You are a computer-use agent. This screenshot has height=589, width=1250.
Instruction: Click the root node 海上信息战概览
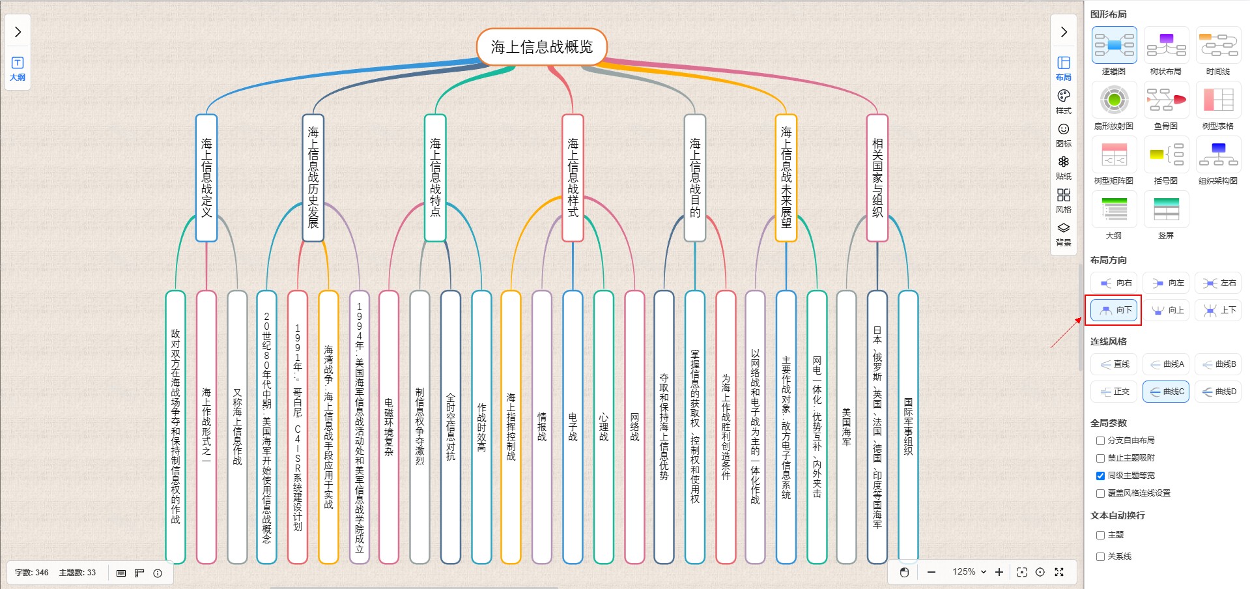[542, 47]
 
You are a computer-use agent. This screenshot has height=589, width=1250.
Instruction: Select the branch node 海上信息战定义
[206, 178]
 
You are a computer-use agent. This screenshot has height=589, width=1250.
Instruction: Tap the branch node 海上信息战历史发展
[313, 178]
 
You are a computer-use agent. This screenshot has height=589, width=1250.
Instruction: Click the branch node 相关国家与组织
[877, 178]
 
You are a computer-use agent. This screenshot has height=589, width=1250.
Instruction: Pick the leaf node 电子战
[573, 427]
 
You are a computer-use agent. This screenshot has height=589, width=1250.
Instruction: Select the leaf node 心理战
[604, 427]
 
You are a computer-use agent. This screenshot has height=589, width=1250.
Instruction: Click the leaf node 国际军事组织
[908, 427]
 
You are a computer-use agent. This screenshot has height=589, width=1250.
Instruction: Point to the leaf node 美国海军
[846, 427]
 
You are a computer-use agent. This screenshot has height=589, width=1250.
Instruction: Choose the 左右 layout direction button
[1219, 283]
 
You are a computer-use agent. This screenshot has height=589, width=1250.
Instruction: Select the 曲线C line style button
[1166, 392]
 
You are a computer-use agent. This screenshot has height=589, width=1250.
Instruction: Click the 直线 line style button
[1114, 364]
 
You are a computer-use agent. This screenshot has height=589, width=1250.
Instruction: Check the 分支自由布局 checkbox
[1100, 440]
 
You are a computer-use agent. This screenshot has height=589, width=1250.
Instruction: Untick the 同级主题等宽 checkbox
[1100, 476]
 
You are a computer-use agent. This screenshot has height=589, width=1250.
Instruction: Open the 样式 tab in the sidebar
[1064, 101]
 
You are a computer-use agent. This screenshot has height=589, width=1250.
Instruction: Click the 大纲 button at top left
[18, 68]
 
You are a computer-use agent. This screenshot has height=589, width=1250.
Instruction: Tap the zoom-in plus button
[999, 572]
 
